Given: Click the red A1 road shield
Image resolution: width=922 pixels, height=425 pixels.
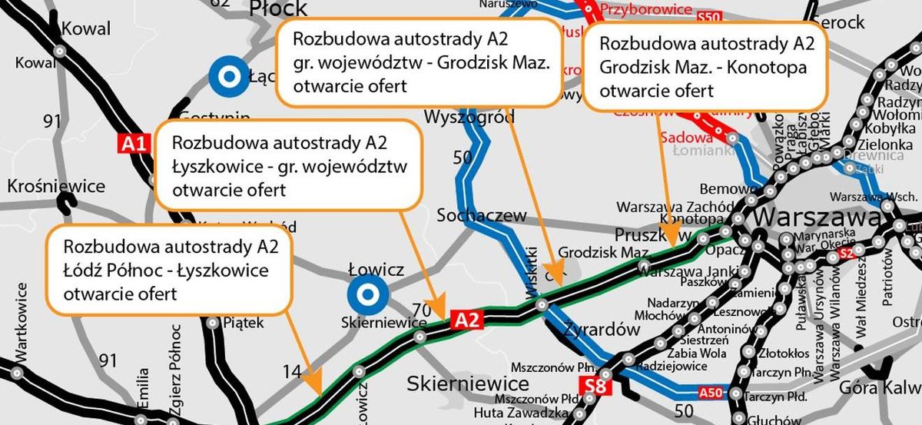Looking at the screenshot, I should point(132,142).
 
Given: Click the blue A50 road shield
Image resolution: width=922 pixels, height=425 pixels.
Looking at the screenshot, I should point(711,393).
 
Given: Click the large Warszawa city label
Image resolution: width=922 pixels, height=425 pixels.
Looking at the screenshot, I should point(816,218).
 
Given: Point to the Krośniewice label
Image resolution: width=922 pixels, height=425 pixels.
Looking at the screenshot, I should point(55,187).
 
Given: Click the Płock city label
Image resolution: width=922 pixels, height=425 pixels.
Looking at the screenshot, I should point(277,8).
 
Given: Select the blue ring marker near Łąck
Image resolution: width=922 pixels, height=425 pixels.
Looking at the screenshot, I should point(227,76).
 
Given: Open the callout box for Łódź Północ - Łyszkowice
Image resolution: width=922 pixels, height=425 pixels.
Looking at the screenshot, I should point(170,270).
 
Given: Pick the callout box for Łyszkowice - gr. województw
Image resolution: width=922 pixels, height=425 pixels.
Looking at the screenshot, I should point(289,165).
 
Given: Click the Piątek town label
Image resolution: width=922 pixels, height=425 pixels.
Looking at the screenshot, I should point(243,323).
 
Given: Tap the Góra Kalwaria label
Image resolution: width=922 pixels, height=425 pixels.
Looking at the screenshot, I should point(880,388).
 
